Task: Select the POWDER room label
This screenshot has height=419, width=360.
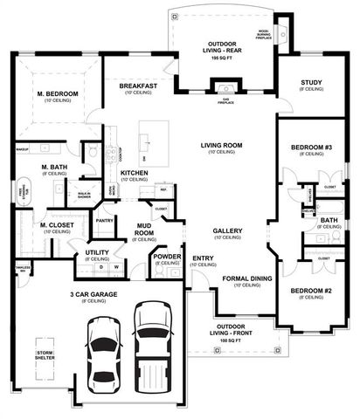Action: [x=167, y=258]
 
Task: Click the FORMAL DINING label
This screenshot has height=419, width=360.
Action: [x=246, y=278]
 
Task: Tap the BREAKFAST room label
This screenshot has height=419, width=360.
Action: [x=138, y=86]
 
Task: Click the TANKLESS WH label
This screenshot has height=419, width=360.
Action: [x=12, y=270]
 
